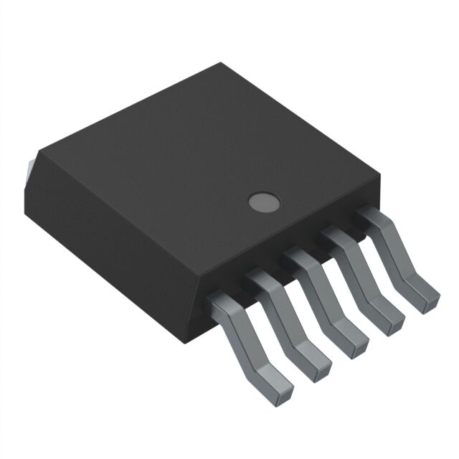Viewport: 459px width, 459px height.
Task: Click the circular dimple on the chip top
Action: click(x=264, y=202)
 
